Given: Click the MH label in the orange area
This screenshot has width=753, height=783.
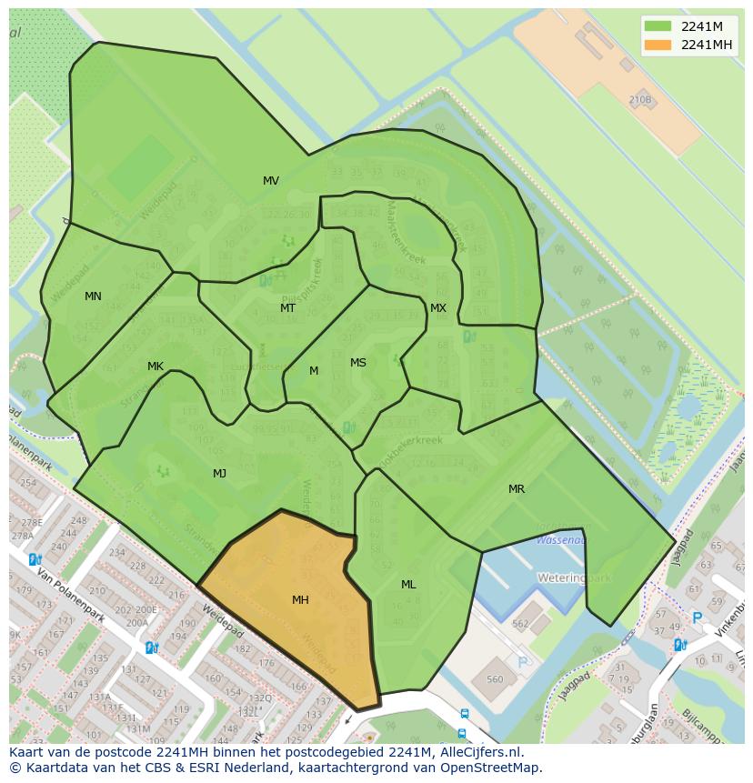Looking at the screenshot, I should [x=300, y=600].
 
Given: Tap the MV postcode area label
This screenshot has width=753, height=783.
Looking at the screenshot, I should [x=271, y=181].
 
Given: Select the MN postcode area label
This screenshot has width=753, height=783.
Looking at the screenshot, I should [x=93, y=296].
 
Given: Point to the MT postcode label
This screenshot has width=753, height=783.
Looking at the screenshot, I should [x=287, y=308].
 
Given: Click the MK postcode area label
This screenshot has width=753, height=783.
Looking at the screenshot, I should [x=156, y=366].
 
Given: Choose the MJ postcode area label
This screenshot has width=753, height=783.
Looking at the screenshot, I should [x=219, y=474].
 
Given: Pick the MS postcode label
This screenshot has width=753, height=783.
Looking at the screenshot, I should [x=358, y=363].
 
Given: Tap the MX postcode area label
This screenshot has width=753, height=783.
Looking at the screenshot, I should [x=438, y=308].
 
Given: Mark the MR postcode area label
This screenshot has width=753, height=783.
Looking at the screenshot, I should [x=517, y=489].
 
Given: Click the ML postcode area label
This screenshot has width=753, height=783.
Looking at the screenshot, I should [x=408, y=585].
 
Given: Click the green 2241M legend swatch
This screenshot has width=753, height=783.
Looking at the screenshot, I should [x=658, y=25].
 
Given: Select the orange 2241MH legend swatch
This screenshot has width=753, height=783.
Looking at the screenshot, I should [x=658, y=45].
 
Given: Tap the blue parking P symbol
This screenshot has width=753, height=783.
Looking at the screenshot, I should [x=698, y=617].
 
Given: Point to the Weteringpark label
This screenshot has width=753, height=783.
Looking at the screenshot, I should [x=574, y=577].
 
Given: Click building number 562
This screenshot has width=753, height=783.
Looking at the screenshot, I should [x=520, y=624].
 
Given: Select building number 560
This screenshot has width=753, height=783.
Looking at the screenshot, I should [x=495, y=679].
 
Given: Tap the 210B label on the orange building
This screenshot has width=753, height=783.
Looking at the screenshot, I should [x=639, y=100].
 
